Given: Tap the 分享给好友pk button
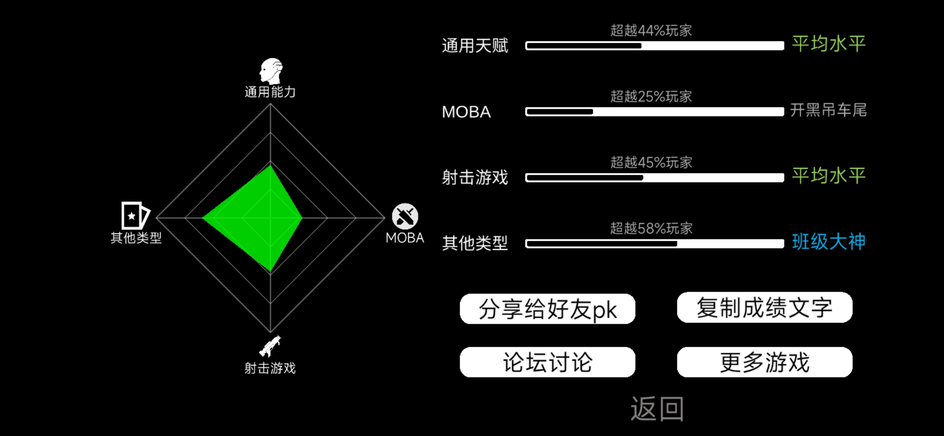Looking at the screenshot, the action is click(547, 309).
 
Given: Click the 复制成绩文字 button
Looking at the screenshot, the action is click(764, 308).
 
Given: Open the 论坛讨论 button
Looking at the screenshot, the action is click(547, 362).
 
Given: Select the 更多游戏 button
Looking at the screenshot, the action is click(764, 362).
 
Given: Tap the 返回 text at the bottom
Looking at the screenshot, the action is click(657, 409).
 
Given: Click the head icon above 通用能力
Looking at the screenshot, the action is click(271, 71).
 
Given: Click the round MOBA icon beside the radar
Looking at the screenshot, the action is click(405, 216).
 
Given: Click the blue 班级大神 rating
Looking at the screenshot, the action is click(829, 242).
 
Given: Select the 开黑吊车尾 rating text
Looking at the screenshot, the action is click(828, 110).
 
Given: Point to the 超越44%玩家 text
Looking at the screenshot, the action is click(651, 30).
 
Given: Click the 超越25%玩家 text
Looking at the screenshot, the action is click(651, 96).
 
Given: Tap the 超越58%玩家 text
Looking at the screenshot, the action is click(651, 228).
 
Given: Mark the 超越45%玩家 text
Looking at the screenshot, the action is click(651, 162).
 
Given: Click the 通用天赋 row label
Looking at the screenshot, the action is click(475, 45).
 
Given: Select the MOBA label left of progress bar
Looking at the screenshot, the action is click(466, 112).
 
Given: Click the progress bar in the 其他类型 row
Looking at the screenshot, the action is click(654, 243).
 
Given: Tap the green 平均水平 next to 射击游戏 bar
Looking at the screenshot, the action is click(829, 176).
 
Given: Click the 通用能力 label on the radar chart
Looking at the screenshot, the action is click(270, 92).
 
